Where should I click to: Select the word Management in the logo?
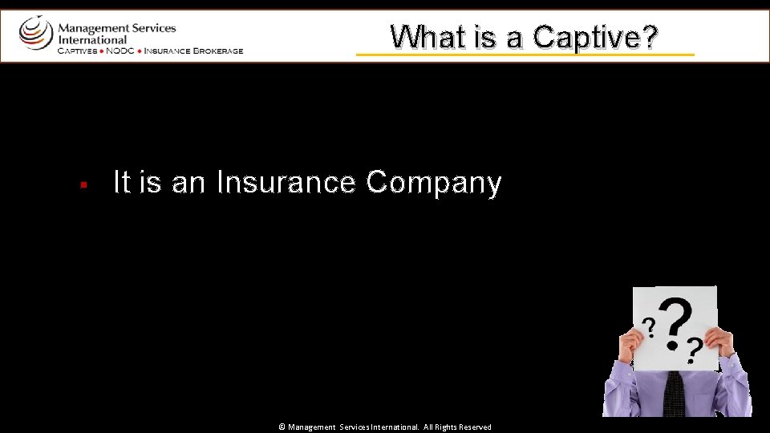click(90, 27)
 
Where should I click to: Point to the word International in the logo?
click(92, 39)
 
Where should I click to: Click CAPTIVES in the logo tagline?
click(76, 51)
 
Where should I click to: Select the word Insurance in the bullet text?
click(286, 183)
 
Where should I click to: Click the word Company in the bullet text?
click(434, 184)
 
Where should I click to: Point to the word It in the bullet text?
click(122, 183)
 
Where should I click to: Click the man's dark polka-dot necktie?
click(674, 393)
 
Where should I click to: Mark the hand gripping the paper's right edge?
click(719, 343)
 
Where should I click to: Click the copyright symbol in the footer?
click(282, 427)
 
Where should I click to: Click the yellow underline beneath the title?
click(525, 55)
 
